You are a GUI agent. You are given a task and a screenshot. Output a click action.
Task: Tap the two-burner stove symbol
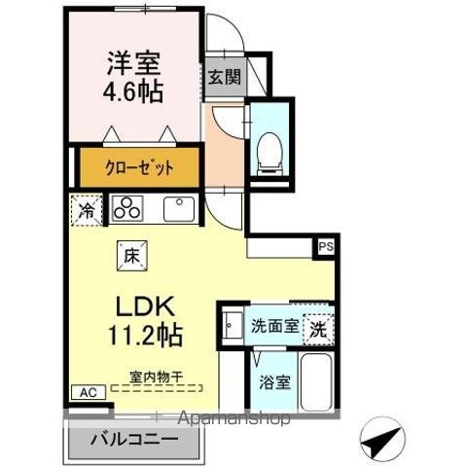coord(126,208)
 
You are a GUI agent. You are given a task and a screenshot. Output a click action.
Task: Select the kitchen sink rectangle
coord(179,208)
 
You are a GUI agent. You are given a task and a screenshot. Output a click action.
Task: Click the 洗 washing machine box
coord(318,329)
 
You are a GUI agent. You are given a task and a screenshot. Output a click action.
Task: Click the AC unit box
coord(87,392)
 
